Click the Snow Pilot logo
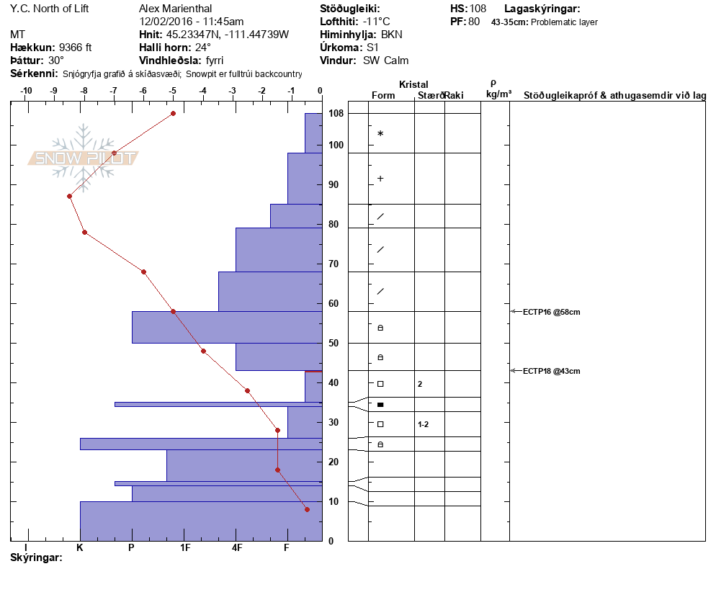pos(84,157)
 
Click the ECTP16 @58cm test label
pos(551,312)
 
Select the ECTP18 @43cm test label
pos(551,371)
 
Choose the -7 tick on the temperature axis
pos(113,91)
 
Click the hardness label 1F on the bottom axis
pos(185,548)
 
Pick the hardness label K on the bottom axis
pos(80,548)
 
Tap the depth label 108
pos(336,114)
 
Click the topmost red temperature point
pos(173,113)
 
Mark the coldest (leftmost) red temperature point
pos(69,196)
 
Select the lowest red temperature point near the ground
pos(307,509)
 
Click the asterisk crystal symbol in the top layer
pos(380,134)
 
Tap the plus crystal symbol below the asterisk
pos(380,179)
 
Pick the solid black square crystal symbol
pos(380,405)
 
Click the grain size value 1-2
pos(424,424)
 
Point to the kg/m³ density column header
pos(498,94)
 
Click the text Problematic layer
pos(564,22)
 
